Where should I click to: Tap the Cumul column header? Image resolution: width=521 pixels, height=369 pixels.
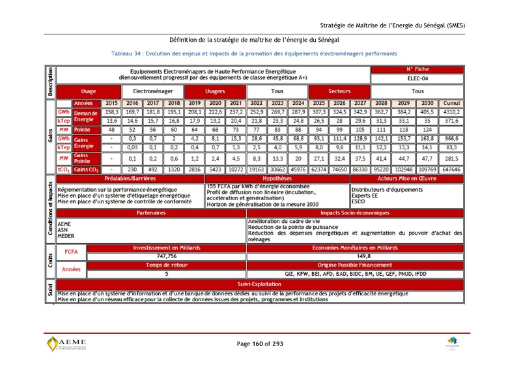click(451, 103)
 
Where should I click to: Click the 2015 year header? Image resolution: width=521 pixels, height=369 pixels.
click(111, 103)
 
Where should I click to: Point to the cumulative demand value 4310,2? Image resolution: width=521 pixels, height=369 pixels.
click(451, 112)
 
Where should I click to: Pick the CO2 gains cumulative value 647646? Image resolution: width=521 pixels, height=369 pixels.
click(451, 169)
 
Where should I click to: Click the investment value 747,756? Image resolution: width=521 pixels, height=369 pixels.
click(167, 256)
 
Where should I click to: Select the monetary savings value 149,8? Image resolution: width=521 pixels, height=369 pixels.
click(355, 256)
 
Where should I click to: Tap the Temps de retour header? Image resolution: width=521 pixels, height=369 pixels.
click(167, 265)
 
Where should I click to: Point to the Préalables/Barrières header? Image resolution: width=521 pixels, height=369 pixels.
click(130, 177)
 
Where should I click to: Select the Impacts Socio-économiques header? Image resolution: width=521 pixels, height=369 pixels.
click(355, 213)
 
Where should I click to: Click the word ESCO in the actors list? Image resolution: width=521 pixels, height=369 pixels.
click(359, 201)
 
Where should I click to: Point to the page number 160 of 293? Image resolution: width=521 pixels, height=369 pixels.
click(260, 344)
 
